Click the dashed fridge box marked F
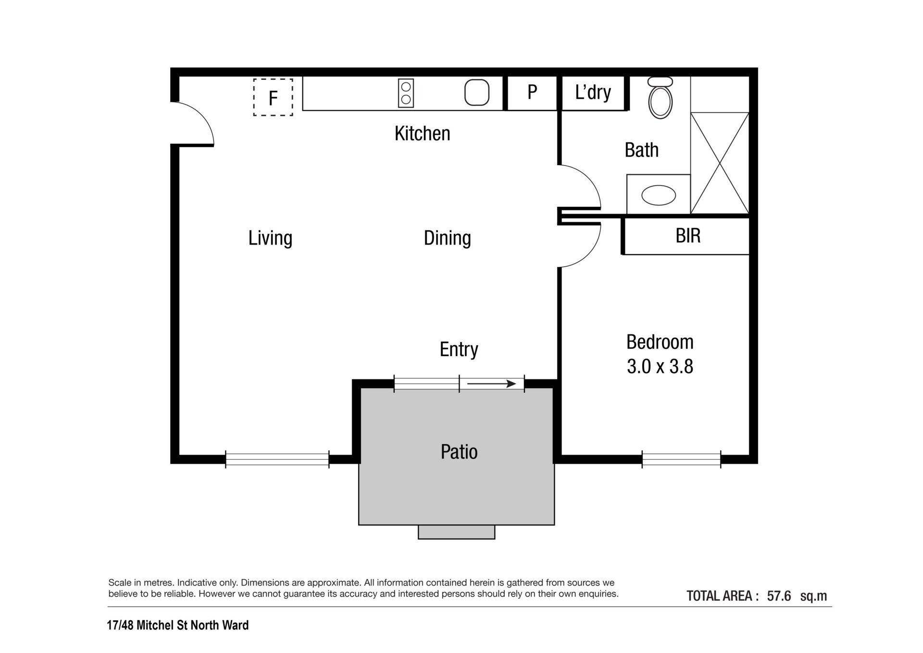[x=273, y=97]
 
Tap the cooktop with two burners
[x=406, y=93]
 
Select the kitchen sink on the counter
[x=477, y=92]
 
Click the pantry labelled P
[x=532, y=92]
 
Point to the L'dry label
[x=593, y=92]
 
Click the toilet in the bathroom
[x=661, y=97]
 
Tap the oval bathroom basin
[x=659, y=195]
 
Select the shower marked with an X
[x=720, y=163]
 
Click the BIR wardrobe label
[x=688, y=236]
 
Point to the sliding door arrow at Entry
[x=492, y=384]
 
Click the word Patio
[x=459, y=452]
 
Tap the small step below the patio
[x=456, y=532]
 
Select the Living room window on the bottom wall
[x=277, y=460]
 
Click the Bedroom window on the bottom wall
[x=682, y=460]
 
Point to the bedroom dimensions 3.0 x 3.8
[x=660, y=367]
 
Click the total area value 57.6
[x=779, y=596]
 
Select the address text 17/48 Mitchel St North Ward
[x=178, y=625]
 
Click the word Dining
[x=448, y=238]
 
